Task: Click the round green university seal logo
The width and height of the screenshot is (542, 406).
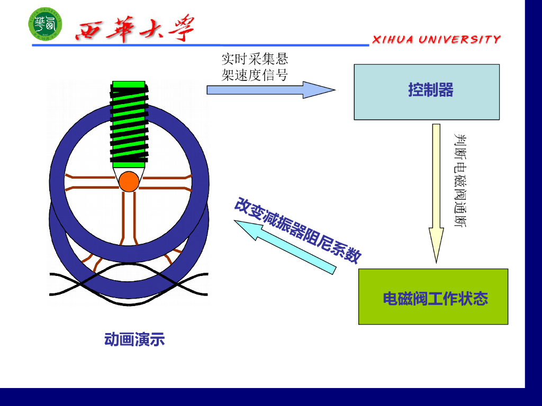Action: tap(45, 25)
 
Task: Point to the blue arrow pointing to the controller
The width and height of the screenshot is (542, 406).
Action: tap(270, 90)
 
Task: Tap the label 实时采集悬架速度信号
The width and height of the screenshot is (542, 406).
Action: tap(255, 67)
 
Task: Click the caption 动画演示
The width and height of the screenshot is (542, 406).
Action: tap(134, 339)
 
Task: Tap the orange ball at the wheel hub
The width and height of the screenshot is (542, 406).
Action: tap(129, 181)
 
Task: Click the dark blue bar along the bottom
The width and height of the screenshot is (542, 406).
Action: tap(265, 397)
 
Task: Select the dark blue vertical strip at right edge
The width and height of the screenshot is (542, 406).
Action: tap(533, 190)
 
